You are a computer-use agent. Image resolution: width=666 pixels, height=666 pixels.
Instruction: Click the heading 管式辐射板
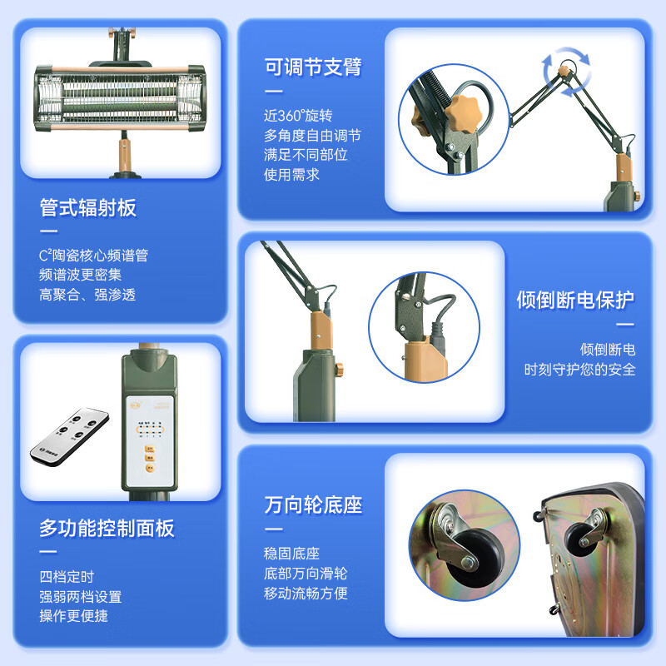pos(88,207)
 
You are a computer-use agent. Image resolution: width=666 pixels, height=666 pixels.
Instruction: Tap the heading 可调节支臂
pos(313,67)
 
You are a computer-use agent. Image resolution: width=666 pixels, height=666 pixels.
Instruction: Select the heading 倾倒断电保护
pos(575,300)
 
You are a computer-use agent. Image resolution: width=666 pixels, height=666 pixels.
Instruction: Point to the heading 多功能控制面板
pos(107,528)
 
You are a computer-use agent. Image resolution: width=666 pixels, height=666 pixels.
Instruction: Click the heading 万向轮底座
pos(313,504)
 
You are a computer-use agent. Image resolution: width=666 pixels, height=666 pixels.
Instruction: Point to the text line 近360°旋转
pos(292,115)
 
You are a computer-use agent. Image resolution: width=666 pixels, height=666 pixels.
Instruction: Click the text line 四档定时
pos(67,576)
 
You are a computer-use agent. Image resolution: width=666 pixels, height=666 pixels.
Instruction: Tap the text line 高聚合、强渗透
pos(87,295)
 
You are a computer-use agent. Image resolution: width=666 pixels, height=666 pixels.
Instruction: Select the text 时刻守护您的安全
pos(579,369)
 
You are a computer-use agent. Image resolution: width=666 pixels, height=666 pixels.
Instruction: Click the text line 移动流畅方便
pos(306,594)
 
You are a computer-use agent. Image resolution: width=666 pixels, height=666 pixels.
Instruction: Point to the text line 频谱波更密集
pos(81,275)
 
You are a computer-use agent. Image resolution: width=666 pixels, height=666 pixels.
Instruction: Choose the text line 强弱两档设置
pos(81,596)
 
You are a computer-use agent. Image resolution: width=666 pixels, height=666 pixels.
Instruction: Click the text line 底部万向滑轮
pos(306,574)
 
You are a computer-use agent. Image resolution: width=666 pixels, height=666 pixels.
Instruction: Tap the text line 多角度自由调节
pos(312,135)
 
